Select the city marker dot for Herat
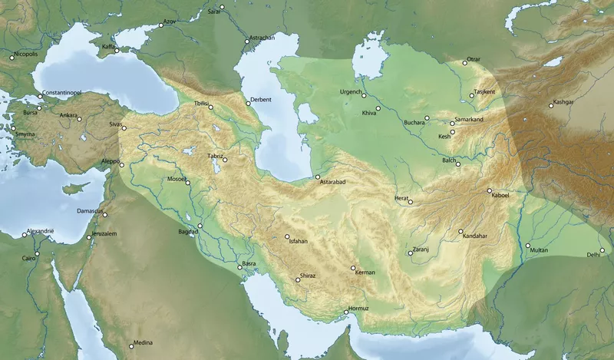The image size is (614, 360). [x=411, y=203]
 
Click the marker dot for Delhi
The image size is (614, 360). [x=603, y=249]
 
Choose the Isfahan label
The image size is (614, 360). [x=298, y=241]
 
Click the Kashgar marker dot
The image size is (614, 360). [x=551, y=105]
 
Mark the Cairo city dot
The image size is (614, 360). [x=37, y=253]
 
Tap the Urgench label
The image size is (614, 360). [x=349, y=92]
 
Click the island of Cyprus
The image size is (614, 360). [x=73, y=188]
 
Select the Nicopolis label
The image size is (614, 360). [x=24, y=54]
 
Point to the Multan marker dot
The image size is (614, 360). [x=528, y=246]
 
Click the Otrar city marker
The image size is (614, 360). [x=464, y=62]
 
